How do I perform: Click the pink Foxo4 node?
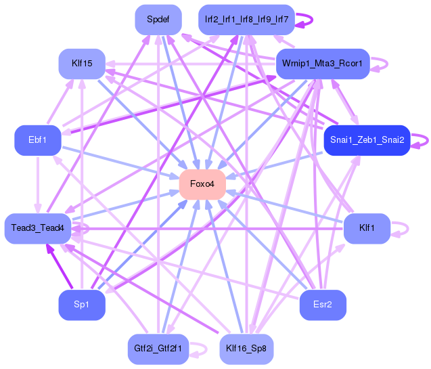pos(202,184)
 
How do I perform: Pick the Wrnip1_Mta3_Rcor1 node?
pos(322,64)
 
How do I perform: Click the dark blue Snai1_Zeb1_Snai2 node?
pos(367,140)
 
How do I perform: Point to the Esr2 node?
pos(323,305)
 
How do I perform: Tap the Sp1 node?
pos(82,305)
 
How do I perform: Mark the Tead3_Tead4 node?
pos(37,228)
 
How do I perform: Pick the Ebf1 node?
pos(38,140)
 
